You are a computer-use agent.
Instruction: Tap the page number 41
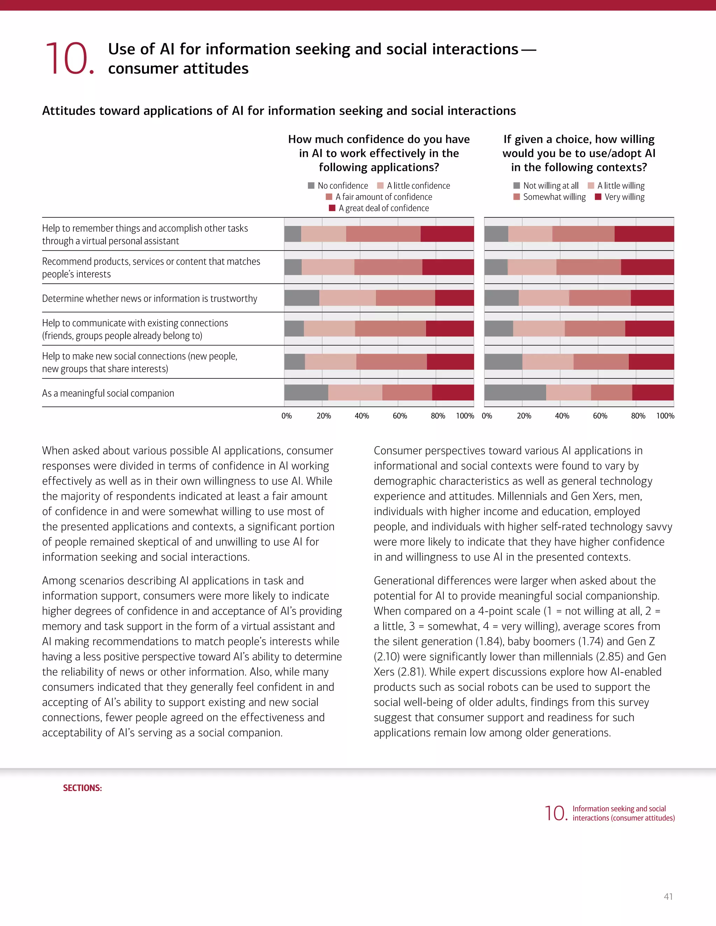(x=668, y=896)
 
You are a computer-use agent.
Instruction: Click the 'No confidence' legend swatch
(x=311, y=186)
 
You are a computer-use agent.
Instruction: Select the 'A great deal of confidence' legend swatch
(x=332, y=208)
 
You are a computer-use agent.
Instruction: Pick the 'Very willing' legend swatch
(x=598, y=197)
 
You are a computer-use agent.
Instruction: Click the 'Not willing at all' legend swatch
(x=516, y=186)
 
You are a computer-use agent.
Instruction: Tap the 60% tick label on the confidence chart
(x=400, y=416)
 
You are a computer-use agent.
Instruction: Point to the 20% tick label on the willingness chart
(x=524, y=416)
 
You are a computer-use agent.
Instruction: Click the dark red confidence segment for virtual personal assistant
(x=447, y=234)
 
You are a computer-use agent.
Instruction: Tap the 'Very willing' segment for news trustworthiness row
(x=652, y=298)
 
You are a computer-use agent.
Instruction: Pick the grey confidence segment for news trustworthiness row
(x=302, y=298)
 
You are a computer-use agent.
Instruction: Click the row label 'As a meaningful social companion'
(x=108, y=393)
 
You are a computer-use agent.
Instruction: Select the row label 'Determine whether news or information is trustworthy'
(x=150, y=298)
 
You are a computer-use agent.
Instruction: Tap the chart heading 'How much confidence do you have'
(x=379, y=139)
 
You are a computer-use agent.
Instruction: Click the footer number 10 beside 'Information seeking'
(x=555, y=813)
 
